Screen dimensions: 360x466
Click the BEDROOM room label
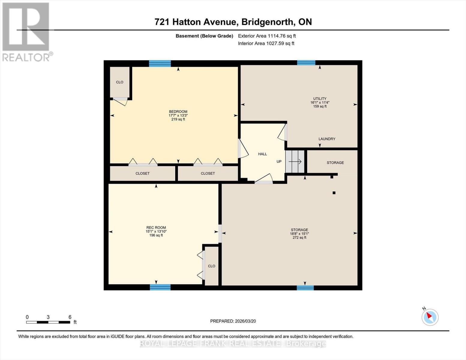178,112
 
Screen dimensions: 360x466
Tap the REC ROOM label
156,228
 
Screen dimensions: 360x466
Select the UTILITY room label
320,99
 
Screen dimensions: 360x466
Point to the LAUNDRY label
327,139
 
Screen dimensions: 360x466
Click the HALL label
263,154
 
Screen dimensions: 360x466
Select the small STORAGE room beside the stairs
335,163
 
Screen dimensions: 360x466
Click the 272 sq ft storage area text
299,238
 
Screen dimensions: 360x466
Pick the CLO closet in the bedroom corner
120,82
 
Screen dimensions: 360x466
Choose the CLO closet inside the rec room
212,266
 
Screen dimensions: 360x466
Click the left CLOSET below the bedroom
143,173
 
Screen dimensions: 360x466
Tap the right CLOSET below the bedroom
208,173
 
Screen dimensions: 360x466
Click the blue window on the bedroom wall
160,63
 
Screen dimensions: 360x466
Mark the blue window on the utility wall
306,63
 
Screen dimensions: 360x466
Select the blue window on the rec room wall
160,287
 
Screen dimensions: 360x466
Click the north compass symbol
430,317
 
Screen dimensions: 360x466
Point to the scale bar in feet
48,322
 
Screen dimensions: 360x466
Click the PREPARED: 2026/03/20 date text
233,321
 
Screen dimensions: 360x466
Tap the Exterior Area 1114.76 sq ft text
267,36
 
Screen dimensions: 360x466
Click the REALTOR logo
26,31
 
